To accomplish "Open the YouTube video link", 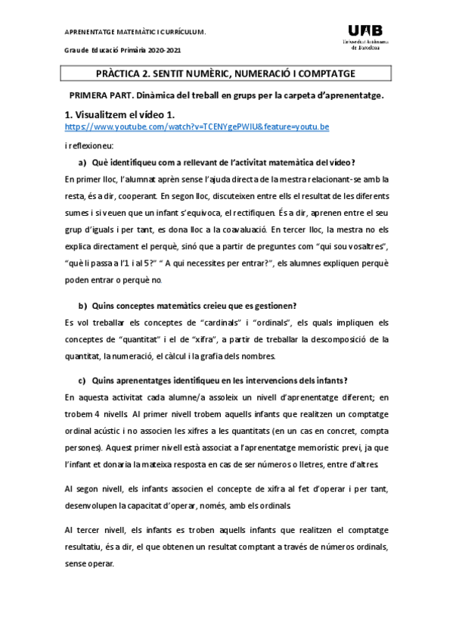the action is coord(197,126).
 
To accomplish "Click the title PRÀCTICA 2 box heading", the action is coord(226,73).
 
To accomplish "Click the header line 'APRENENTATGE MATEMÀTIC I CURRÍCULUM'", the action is coord(135,32).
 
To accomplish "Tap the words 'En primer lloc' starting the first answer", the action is coord(90,179).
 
